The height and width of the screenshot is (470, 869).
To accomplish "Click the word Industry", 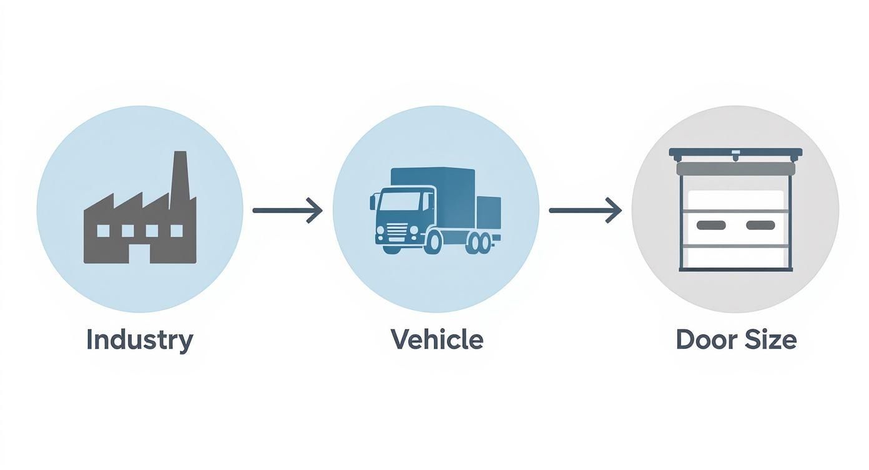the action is point(140,341).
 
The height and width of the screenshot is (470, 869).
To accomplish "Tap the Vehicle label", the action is point(437,339).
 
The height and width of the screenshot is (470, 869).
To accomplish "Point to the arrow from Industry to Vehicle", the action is point(287,211).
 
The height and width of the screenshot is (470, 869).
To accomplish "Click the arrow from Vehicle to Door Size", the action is point(586,211).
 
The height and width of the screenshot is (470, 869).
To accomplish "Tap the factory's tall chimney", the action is point(179,179).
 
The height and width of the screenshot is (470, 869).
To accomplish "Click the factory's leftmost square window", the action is point(103,231).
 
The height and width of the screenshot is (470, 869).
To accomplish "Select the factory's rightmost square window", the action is point(177,231).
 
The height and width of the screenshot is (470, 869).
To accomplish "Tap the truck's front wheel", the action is point(434,242).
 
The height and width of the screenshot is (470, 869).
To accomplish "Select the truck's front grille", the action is point(396,232).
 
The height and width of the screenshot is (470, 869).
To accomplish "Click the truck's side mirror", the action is point(373,202).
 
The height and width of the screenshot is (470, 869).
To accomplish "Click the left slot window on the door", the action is point(711,225).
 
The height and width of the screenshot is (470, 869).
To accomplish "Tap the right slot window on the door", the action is point(760,225).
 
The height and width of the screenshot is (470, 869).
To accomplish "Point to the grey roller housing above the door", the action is point(735,169).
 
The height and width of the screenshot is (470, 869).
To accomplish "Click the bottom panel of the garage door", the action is point(735,257).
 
